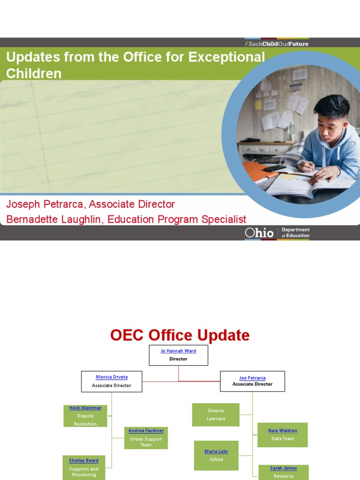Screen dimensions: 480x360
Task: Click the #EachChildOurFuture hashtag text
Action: [277, 44]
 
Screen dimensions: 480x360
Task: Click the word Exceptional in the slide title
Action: [226, 57]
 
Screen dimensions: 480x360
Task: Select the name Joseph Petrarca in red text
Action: [46, 204]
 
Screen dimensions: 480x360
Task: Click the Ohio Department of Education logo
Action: [277, 232]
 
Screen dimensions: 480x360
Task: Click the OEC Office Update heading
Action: [180, 335]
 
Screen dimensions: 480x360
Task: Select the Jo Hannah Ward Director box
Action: [178, 355]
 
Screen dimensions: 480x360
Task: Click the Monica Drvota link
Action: [112, 377]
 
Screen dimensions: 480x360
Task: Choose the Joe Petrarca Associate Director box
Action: [252, 381]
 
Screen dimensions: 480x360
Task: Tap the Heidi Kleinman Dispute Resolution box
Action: [85, 416]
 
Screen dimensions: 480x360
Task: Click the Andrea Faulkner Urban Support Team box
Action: [146, 438]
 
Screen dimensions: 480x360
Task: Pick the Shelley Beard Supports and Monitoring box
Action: [84, 467]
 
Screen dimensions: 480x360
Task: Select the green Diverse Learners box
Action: [216, 414]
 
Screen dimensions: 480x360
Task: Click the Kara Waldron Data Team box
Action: [282, 435]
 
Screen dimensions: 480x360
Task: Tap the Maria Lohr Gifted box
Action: [216, 455]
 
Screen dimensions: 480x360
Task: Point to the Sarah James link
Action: [283, 468]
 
